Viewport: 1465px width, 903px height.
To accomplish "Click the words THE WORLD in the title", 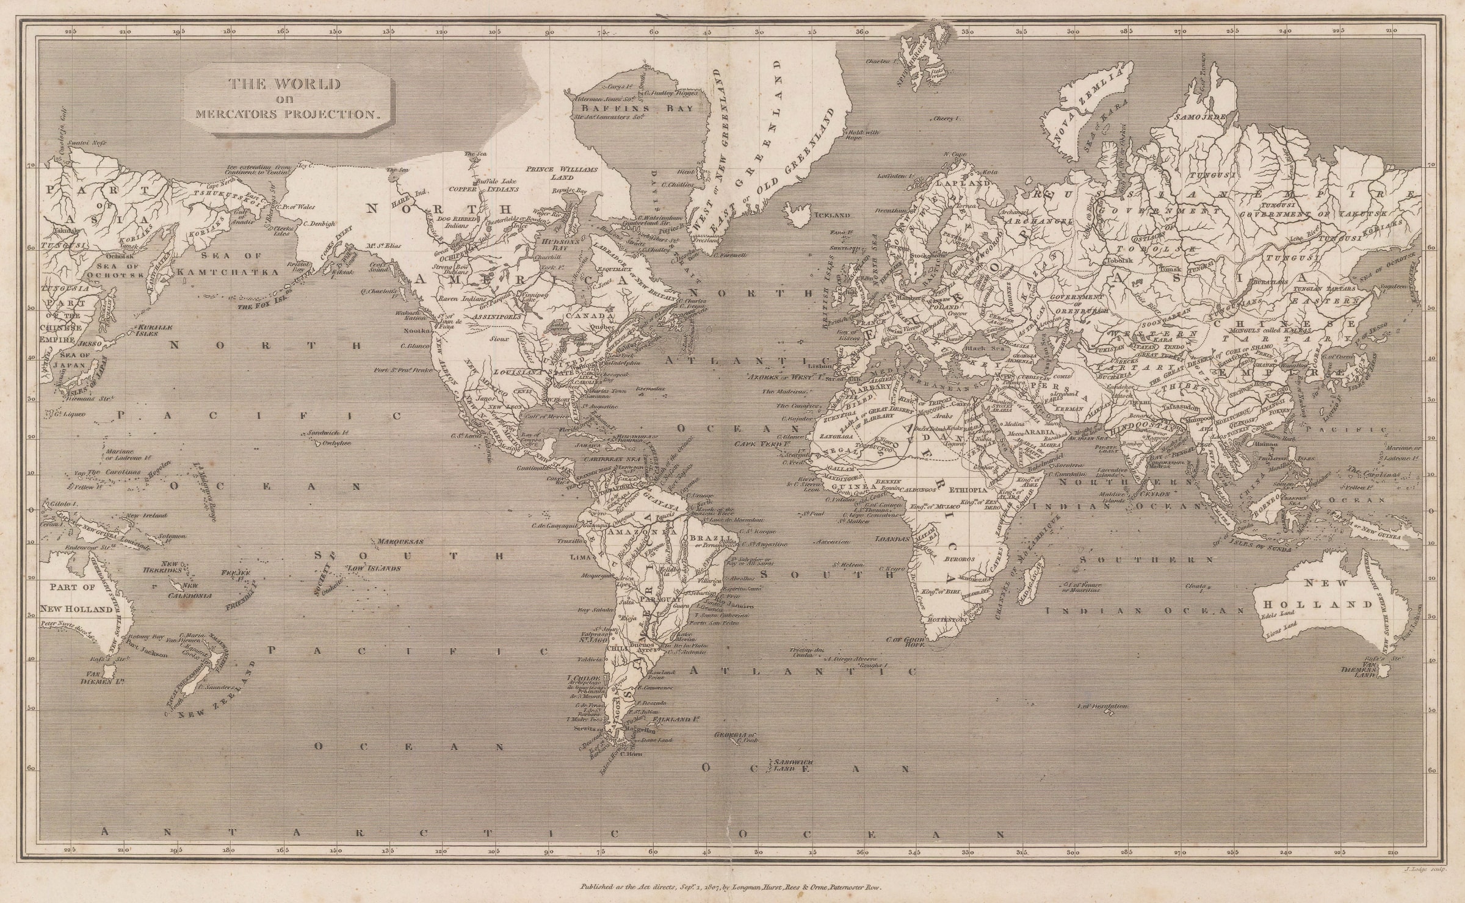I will pyautogui.click(x=284, y=85).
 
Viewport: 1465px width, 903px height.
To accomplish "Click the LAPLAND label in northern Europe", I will pyautogui.click(x=969, y=182).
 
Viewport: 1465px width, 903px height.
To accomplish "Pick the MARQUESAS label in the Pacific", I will pyautogui.click(x=400, y=541).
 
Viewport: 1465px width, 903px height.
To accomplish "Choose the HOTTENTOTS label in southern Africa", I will pyautogui.click(x=946, y=619).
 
